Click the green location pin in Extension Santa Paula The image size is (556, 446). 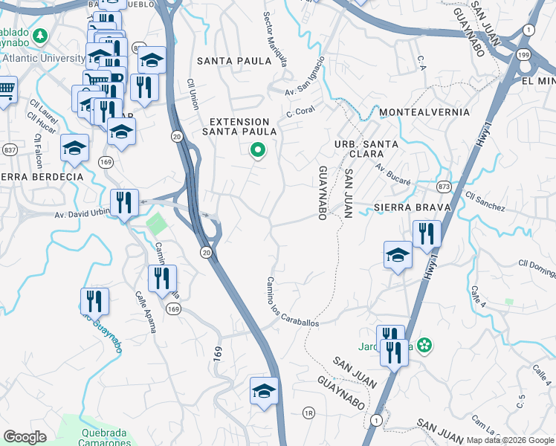coord(258,150)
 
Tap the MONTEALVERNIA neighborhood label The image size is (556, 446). coord(424,112)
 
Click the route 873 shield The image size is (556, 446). coord(444,186)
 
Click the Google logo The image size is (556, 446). coord(25,437)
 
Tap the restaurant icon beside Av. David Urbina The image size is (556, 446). coord(124,202)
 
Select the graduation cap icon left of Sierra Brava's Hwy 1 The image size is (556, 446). coord(398,255)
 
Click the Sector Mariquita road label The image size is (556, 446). coord(275,39)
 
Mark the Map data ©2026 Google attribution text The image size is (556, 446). coord(510,440)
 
